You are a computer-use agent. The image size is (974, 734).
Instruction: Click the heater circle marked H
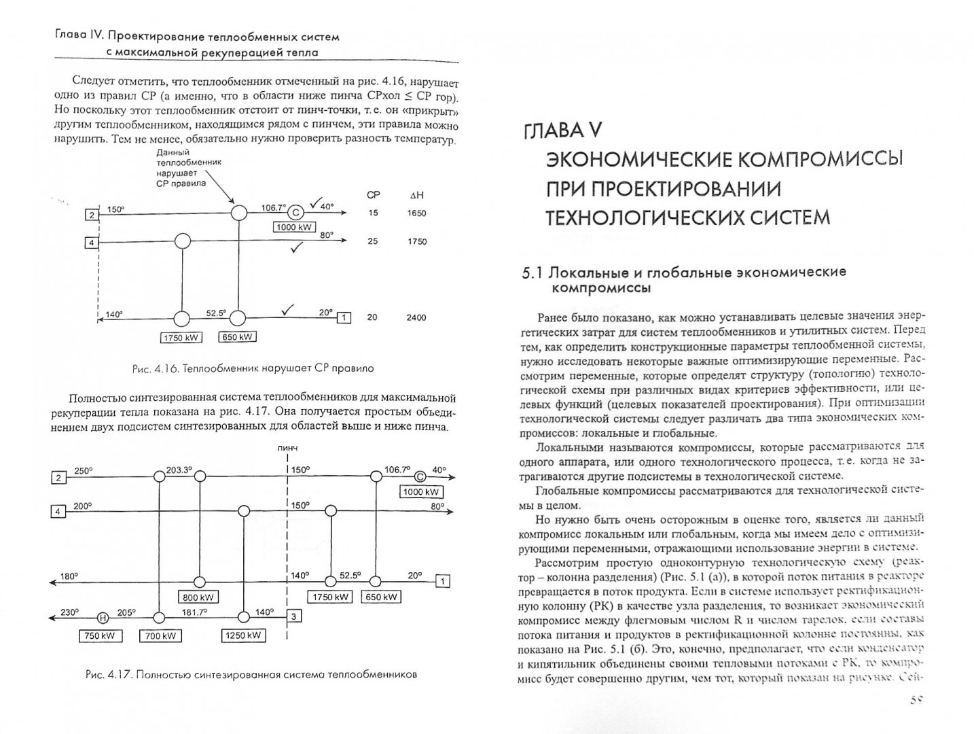(103, 617)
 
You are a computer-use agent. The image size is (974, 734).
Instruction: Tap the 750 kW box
(100, 636)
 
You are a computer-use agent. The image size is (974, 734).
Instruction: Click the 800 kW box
(198, 598)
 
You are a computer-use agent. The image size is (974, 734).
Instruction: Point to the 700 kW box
(161, 636)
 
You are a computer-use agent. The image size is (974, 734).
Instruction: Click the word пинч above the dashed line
(287, 449)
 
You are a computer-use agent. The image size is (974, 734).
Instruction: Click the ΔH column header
(416, 195)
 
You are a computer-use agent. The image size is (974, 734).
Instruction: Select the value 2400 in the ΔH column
(416, 317)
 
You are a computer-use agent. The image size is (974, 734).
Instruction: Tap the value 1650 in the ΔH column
(416, 213)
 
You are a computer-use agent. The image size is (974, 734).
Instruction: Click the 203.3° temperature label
(180, 469)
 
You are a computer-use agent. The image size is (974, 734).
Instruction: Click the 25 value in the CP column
(372, 241)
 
